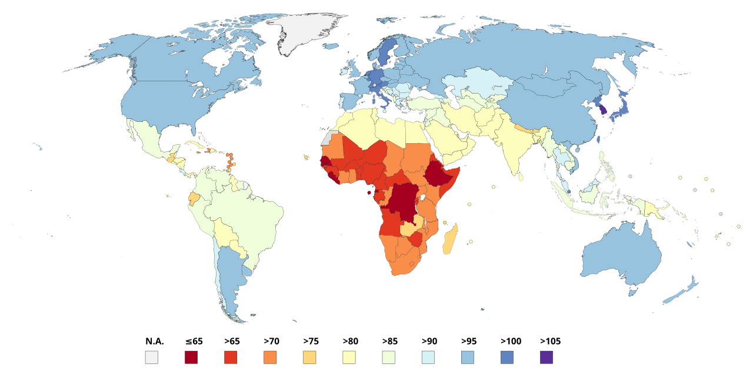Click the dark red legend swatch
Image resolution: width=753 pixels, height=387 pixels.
pos(191,358)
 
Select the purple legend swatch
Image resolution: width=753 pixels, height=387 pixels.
pos(547,358)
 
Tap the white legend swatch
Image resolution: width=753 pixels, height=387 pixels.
pos(152,358)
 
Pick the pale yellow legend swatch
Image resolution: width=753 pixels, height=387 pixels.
pos(349,358)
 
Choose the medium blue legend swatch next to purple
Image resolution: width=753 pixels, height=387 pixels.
pos(507,358)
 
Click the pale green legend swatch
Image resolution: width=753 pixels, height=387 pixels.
pos(388,358)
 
